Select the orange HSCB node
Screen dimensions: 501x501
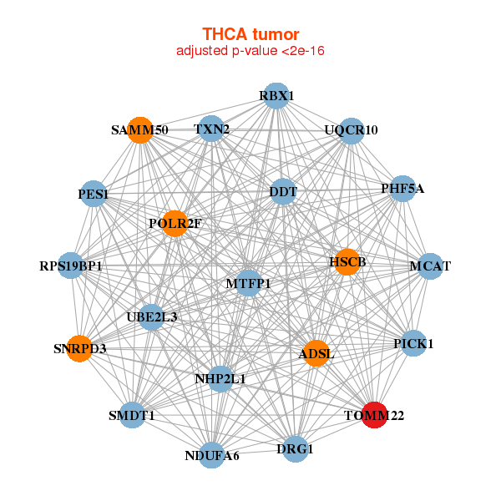tap(347, 261)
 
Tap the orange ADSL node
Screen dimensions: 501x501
tap(316, 354)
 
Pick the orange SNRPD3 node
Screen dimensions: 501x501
tap(79, 348)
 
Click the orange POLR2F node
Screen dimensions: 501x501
tap(175, 223)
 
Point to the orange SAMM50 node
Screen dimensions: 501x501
tap(140, 130)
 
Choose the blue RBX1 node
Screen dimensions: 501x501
tap(276, 96)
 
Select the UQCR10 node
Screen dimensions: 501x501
tap(352, 130)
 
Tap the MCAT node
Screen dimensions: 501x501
tap(430, 266)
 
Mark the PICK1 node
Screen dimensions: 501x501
tap(413, 343)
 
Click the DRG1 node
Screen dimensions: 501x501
tap(296, 449)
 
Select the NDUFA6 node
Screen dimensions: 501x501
tap(212, 455)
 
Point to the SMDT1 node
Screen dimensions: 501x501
tap(132, 415)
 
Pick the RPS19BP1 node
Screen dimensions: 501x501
tap(71, 266)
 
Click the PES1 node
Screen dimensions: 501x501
tap(94, 195)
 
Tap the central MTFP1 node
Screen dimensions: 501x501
tap(248, 284)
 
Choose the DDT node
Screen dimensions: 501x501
tap(283, 192)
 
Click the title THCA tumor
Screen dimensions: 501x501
tap(250, 34)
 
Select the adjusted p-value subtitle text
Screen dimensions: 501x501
tap(250, 51)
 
